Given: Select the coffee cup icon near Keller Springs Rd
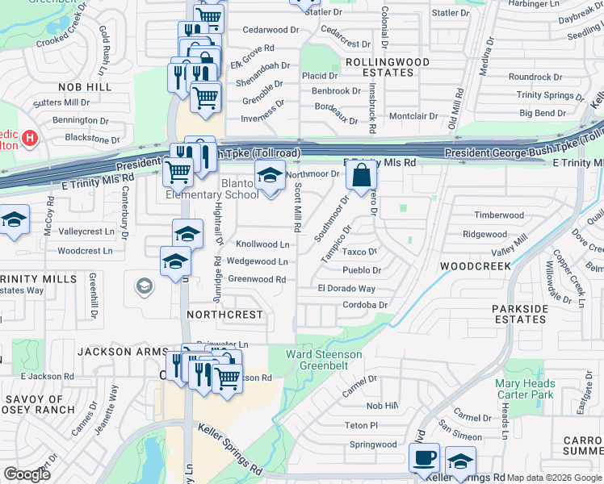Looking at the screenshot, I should pyautogui.click(x=424, y=459).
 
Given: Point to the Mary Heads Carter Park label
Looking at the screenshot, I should pyautogui.click(x=525, y=389).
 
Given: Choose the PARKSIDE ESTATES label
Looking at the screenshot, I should pyautogui.click(x=519, y=314).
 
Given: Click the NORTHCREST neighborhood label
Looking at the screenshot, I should pyautogui.click(x=224, y=314).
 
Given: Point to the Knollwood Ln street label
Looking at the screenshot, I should pyautogui.click(x=262, y=244).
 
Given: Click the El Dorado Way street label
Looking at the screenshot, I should pyautogui.click(x=346, y=289).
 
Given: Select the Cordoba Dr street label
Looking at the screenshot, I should pyautogui.click(x=365, y=305).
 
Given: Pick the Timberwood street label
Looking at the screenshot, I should pyautogui.click(x=499, y=215).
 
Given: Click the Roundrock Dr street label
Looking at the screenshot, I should pyautogui.click(x=535, y=77).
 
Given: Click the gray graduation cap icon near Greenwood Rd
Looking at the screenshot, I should pyautogui.click(x=144, y=286).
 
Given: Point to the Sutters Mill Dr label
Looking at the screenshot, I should pyautogui.click(x=61, y=103).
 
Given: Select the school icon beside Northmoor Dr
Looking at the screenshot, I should pyautogui.click(x=270, y=175).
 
